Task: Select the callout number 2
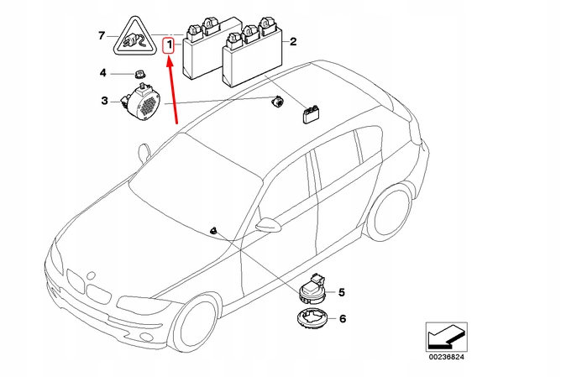click(x=292, y=41)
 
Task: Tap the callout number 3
click(x=105, y=102)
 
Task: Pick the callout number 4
click(x=104, y=73)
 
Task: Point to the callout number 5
click(x=342, y=292)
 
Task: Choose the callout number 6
click(x=342, y=319)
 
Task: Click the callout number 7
click(x=102, y=36)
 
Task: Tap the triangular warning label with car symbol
click(x=132, y=37)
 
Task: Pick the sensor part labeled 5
click(x=315, y=290)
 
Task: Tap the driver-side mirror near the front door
click(x=268, y=224)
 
